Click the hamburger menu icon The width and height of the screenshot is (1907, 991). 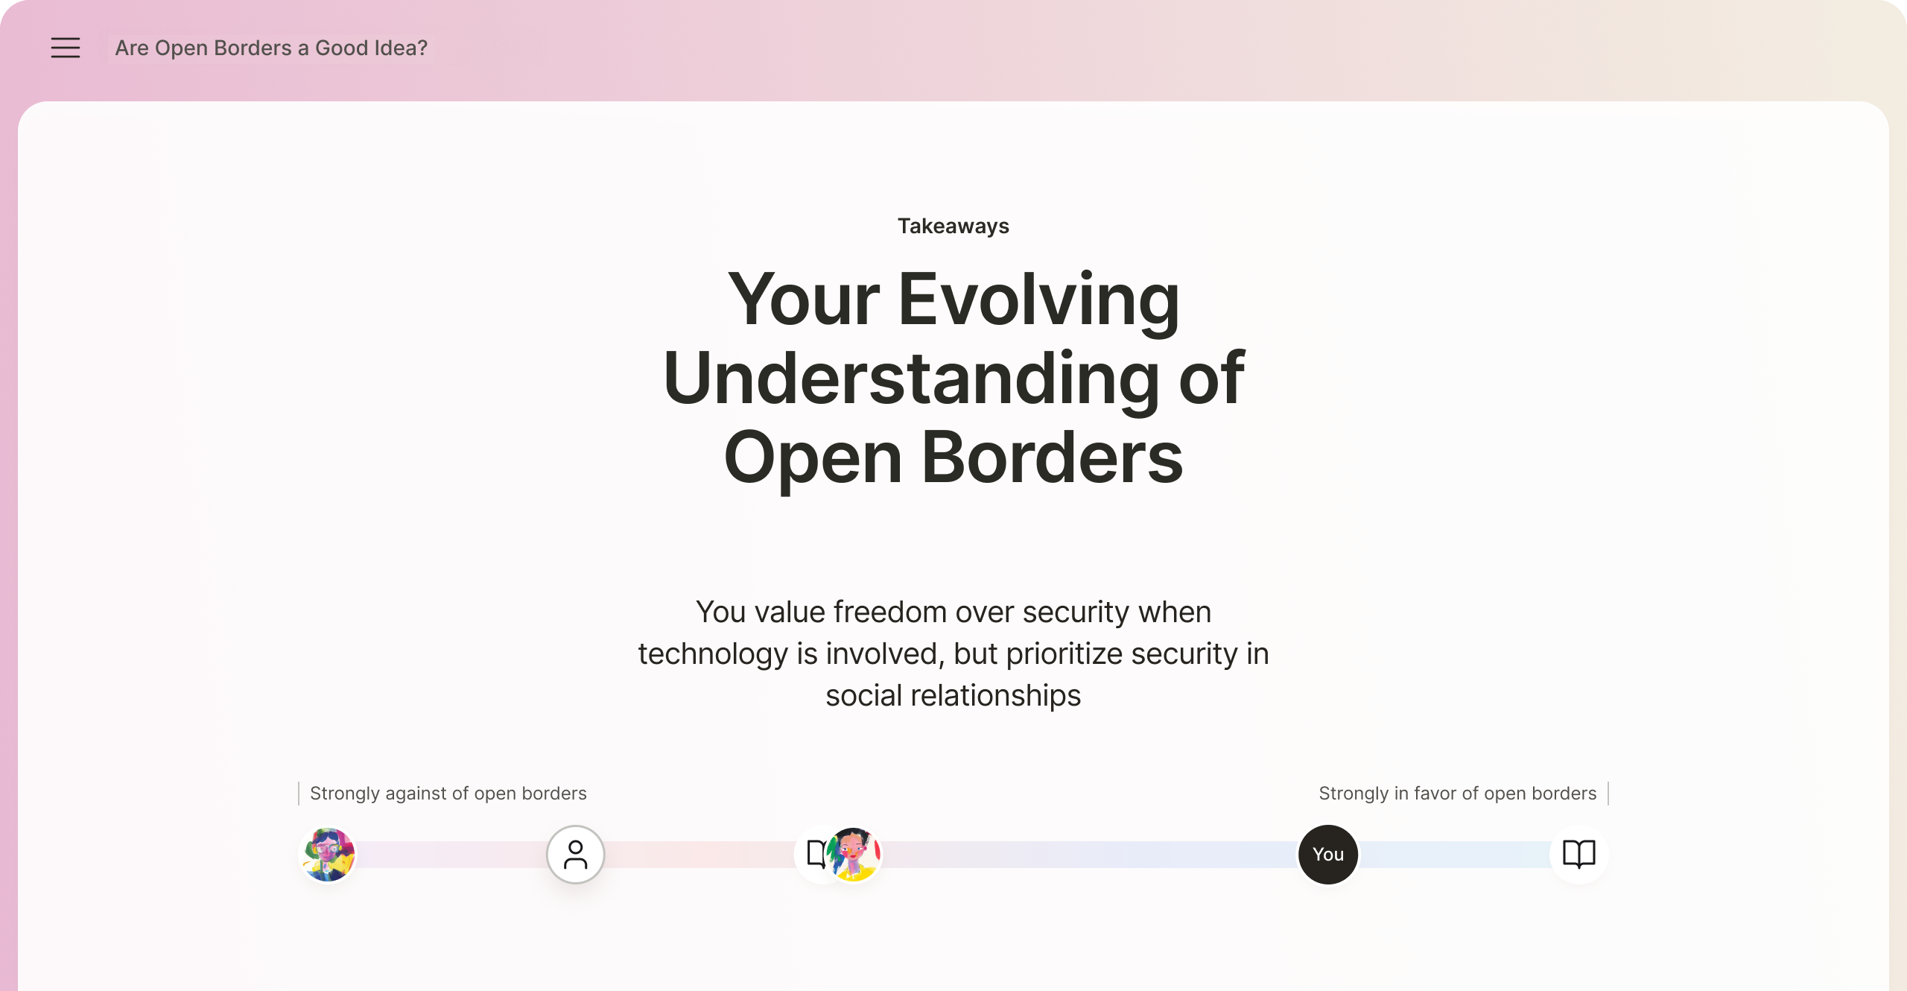tap(66, 48)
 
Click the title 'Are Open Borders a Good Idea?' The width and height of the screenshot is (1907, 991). tap(271, 48)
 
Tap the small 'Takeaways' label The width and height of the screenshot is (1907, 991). tap(953, 226)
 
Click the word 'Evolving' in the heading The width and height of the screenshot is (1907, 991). tap(1039, 300)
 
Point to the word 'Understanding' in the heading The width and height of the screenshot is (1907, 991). tap(911, 379)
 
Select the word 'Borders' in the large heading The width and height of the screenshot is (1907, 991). tap(1052, 457)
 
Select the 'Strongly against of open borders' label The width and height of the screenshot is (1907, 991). tap(448, 794)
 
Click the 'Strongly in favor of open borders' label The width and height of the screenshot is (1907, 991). tap(1458, 794)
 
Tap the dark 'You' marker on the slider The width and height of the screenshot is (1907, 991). tap(1328, 855)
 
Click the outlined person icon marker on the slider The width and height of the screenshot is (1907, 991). tap(576, 855)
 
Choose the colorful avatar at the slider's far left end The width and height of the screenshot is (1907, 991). tap(328, 855)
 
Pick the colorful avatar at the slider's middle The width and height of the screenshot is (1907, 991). tap(854, 855)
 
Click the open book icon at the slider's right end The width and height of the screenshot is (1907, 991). tap(1579, 855)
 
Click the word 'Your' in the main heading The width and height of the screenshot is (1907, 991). tap(805, 300)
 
